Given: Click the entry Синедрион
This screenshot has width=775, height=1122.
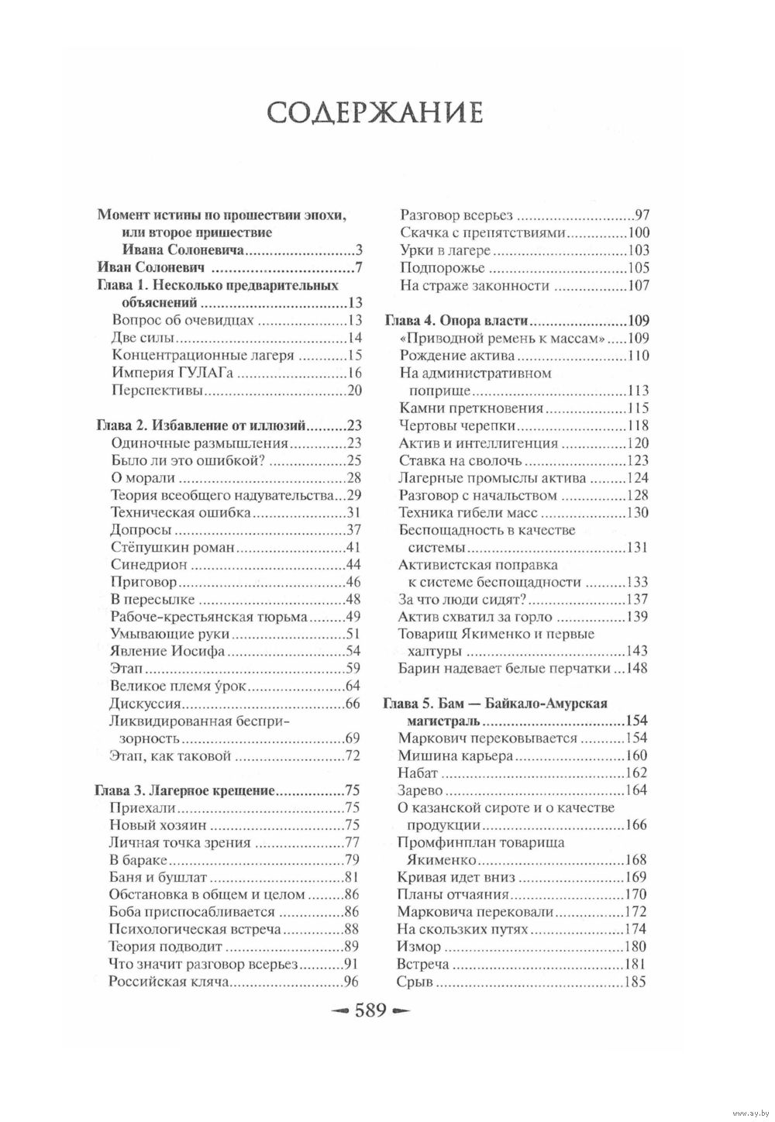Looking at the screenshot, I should coord(143,564).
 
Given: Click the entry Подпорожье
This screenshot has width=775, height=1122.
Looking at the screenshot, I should coord(442,268).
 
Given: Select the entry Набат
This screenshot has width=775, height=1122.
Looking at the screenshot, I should coord(418,773).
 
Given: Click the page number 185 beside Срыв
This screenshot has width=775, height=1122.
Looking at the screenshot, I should coord(635,982).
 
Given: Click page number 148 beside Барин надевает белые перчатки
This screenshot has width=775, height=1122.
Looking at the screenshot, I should coord(635,669).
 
